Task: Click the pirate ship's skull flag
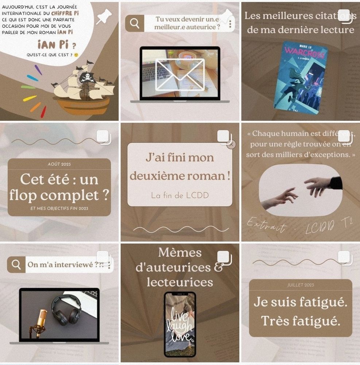(x=87, y=77)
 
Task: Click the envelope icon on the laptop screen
(x=180, y=74)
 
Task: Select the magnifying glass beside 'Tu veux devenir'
(x=135, y=23)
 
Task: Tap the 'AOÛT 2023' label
(x=59, y=164)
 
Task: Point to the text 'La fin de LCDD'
(x=180, y=195)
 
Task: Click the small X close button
(x=231, y=144)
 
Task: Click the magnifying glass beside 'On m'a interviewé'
(x=16, y=265)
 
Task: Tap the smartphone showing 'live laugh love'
(x=180, y=324)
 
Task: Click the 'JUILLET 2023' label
(x=301, y=285)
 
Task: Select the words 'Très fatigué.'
(x=301, y=321)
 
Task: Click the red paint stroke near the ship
(x=43, y=111)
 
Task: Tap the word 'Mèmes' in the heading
(x=180, y=252)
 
